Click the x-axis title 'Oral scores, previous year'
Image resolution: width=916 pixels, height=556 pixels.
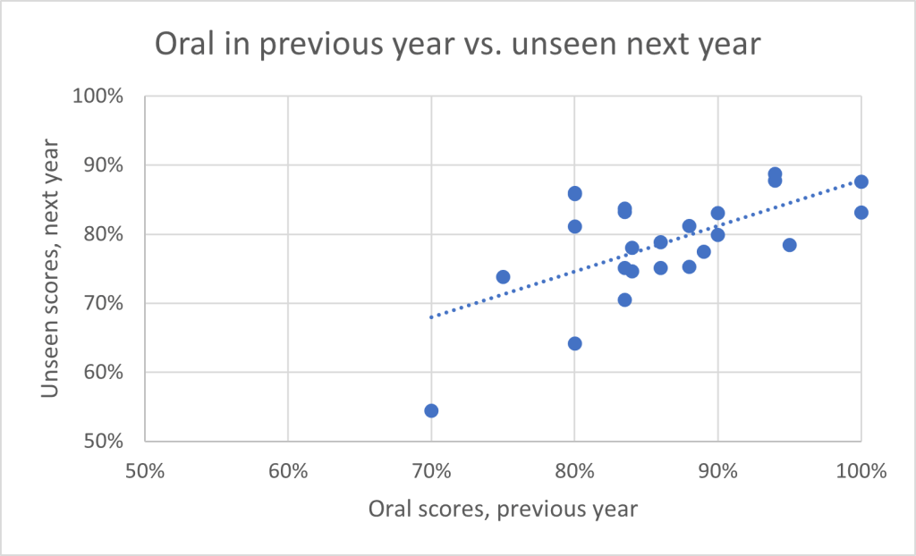(502, 509)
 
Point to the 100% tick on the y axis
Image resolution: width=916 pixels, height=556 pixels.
(101, 97)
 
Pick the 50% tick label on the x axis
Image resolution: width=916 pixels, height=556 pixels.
(145, 471)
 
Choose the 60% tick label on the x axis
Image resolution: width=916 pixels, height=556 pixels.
(288, 471)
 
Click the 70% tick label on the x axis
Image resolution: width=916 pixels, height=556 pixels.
(431, 471)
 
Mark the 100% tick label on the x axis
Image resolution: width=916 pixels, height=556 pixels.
(860, 471)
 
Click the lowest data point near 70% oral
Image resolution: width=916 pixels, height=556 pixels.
(431, 410)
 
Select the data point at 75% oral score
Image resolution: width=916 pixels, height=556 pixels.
(503, 277)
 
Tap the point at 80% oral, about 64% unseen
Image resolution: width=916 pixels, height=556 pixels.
(574, 343)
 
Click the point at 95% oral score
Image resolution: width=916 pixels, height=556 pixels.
(789, 245)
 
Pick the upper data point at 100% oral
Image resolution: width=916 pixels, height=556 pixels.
(861, 181)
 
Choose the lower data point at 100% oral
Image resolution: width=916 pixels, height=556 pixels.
(861, 213)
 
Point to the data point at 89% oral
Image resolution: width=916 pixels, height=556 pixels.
(703, 251)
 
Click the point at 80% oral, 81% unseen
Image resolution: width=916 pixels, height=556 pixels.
(574, 226)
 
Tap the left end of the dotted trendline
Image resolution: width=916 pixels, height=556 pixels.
(431, 316)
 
